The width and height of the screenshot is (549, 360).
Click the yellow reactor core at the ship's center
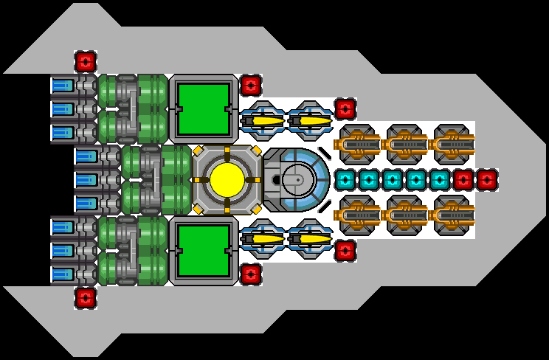tap(227, 179)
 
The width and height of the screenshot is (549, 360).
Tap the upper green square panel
tap(203, 108)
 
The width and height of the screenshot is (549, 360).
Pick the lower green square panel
tap(203, 250)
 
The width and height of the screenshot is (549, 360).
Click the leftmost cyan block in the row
tap(345, 179)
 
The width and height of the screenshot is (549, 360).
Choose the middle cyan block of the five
tap(392, 179)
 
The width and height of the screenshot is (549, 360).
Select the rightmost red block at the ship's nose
tap(486, 179)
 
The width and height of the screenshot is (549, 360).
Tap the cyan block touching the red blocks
tap(439, 179)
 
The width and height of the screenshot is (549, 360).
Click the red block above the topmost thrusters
tap(85, 61)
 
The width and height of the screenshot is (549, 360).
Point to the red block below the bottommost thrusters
tap(85, 297)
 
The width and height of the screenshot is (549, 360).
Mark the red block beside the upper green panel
tap(250, 85)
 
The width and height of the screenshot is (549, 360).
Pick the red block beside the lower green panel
tap(250, 274)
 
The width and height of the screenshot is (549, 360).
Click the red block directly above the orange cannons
tap(345, 108)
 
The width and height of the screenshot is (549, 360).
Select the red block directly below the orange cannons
tap(345, 250)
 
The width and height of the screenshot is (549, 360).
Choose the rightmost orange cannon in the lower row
tap(453, 215)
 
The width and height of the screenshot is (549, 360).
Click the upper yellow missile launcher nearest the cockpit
tap(310, 120)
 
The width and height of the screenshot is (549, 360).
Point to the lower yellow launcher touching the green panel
tap(263, 238)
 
